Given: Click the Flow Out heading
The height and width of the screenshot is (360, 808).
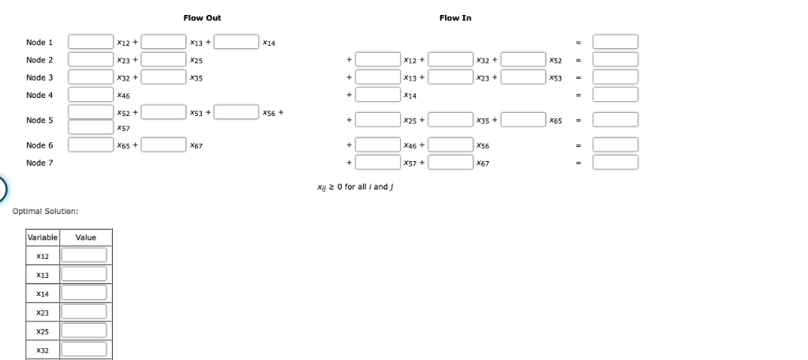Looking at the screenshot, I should pyautogui.click(x=196, y=17).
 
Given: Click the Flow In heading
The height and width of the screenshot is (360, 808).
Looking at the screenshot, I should pyautogui.click(x=455, y=17).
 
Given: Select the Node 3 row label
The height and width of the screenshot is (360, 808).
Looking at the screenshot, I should pyautogui.click(x=39, y=77).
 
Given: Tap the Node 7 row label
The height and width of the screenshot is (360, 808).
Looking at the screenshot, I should pyautogui.click(x=39, y=162).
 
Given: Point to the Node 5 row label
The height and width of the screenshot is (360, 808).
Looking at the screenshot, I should pyautogui.click(x=39, y=120).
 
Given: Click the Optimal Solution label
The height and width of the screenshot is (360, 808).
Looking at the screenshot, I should pyautogui.click(x=45, y=212).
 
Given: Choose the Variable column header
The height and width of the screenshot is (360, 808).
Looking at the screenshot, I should pyautogui.click(x=43, y=238).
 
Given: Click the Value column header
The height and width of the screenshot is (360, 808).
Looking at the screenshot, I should pyautogui.click(x=85, y=238).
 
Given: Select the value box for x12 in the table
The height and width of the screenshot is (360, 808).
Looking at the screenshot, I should pyautogui.click(x=84, y=255).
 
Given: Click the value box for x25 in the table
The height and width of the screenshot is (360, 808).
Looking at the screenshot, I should pyautogui.click(x=84, y=331).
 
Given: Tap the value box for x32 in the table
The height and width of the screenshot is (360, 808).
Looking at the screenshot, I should pyautogui.click(x=84, y=349).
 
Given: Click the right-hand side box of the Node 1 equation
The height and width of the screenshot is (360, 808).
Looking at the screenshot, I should pyautogui.click(x=615, y=42).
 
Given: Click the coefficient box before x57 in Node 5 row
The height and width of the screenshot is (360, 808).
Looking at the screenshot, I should pyautogui.click(x=90, y=127).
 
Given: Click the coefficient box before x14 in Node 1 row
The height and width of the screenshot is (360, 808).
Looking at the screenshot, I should pyautogui.click(x=236, y=42).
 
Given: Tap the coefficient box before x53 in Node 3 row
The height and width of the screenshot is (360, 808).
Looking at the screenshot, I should pyautogui.click(x=524, y=77).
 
